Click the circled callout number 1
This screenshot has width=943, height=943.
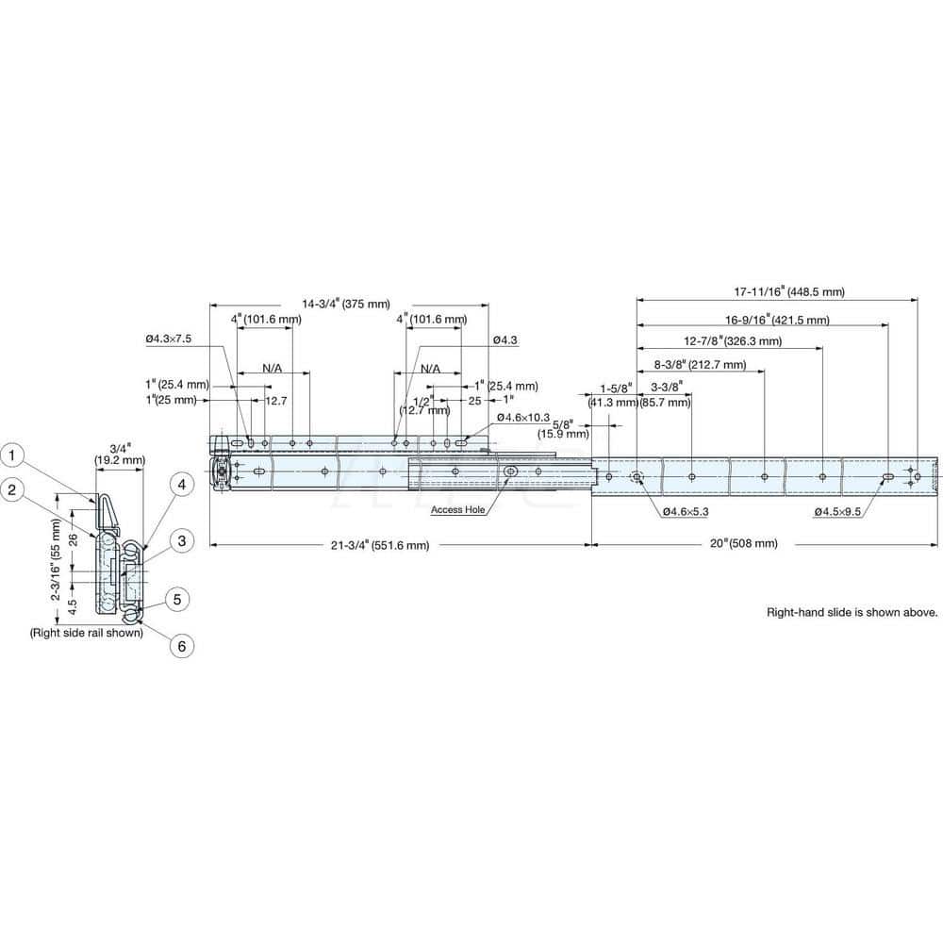pos(11,456)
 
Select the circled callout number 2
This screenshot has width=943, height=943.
pos(11,488)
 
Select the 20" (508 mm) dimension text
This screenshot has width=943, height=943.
pos(745,544)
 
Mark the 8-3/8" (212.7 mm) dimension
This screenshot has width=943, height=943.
pos(699,364)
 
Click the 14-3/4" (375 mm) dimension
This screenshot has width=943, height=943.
pos(346,304)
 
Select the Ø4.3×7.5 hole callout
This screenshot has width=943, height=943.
pos(169,339)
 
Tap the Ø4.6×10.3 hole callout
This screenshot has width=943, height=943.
pos(524,417)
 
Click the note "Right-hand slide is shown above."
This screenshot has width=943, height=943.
pos(852,612)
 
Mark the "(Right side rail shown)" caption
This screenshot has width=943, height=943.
pos(86,633)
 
